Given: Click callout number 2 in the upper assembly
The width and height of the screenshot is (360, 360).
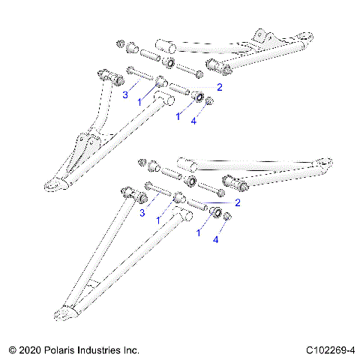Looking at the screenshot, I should pos(219,88).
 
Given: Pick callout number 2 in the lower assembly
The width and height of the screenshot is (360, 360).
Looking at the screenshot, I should pos(237,202).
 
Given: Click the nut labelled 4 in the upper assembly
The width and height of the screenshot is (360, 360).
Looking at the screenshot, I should pos(210,100).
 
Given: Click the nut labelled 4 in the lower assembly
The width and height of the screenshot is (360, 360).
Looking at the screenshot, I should pos(229,217).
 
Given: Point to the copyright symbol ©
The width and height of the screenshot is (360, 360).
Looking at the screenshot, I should pos(11,350).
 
